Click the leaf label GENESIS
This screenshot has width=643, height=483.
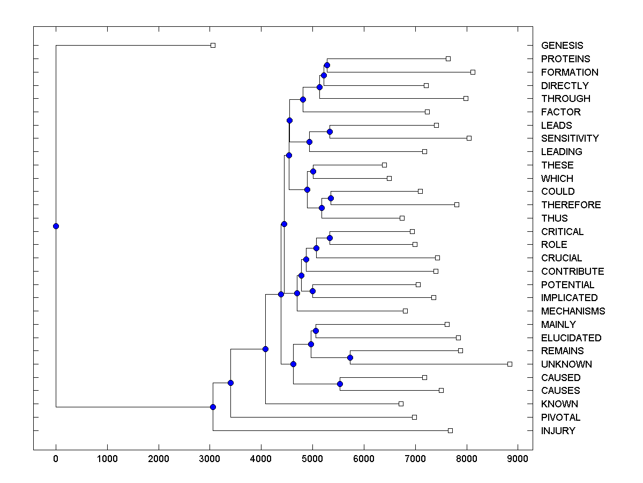click(562, 46)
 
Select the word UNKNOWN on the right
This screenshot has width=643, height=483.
click(566, 364)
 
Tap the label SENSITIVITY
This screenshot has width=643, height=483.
click(570, 138)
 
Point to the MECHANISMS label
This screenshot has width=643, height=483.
click(573, 311)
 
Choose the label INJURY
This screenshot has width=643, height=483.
click(558, 431)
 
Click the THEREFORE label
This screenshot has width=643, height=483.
click(571, 205)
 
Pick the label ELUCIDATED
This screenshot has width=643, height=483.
click(571, 338)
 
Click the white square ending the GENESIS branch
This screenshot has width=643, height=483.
click(213, 46)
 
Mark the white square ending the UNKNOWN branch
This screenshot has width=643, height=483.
click(510, 364)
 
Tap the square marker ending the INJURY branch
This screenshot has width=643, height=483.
click(450, 430)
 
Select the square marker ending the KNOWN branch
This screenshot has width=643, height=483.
click(401, 404)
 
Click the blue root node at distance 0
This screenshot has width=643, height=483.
click(56, 226)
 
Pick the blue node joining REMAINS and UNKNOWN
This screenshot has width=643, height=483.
click(350, 357)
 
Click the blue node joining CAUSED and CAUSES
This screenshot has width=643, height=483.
click(340, 384)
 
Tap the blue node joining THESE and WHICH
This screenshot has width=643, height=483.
click(313, 171)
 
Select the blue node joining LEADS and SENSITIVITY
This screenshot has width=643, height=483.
click(330, 131)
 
